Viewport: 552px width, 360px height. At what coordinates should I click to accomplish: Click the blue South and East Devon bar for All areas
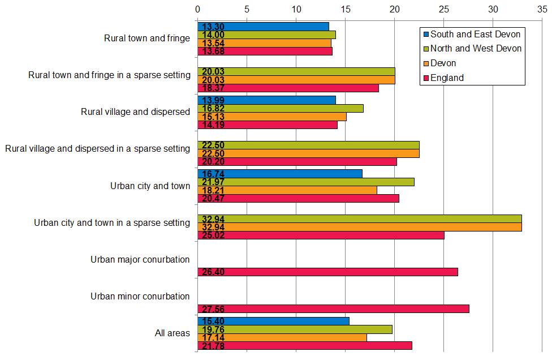(x=273, y=321)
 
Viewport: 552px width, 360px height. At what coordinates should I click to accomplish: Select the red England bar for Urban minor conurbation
(x=333, y=308)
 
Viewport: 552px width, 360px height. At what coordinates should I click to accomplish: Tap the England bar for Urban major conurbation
(x=327, y=272)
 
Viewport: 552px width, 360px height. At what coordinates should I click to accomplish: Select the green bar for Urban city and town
(x=305, y=182)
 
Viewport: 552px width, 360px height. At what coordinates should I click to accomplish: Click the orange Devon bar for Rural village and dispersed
(x=271, y=117)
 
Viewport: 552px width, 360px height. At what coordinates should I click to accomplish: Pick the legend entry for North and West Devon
(x=476, y=49)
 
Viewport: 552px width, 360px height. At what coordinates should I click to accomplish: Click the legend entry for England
(x=447, y=78)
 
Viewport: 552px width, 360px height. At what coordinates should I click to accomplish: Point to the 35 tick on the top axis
(x=542, y=9)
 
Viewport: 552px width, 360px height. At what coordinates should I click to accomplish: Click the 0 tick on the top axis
(x=197, y=9)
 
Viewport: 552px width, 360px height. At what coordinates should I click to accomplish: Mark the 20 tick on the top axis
(x=395, y=9)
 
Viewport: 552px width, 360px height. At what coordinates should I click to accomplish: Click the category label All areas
(x=172, y=333)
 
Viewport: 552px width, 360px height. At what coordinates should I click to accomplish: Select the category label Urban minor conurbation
(x=140, y=296)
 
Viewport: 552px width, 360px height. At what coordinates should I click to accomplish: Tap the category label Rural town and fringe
(x=147, y=38)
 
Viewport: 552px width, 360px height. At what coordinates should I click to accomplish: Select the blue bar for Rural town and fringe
(x=263, y=26)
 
